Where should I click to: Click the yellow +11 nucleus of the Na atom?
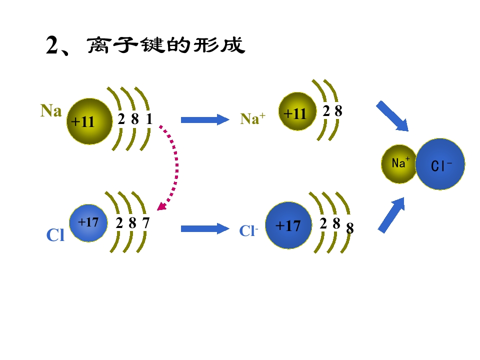pyautogui.click(x=89, y=121)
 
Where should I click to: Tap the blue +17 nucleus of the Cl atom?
pyautogui.click(x=88, y=223)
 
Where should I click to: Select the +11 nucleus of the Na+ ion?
pyautogui.click(x=297, y=111)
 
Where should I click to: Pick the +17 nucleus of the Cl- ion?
pyautogui.click(x=288, y=225)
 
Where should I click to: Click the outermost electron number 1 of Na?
pyautogui.click(x=149, y=119)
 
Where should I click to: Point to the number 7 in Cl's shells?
pyautogui.click(x=145, y=222)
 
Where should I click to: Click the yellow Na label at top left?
pyautogui.click(x=51, y=110)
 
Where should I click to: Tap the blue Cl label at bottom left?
pyautogui.click(x=55, y=235)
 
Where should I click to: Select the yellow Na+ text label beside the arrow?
pyautogui.click(x=252, y=118)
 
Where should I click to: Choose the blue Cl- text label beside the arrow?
pyautogui.click(x=248, y=231)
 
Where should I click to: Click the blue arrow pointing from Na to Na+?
pyautogui.click(x=205, y=119)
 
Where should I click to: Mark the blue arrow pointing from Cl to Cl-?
pyautogui.click(x=205, y=228)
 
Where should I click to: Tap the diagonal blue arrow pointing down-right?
pyautogui.click(x=392, y=116)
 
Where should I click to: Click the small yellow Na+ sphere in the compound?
pyautogui.click(x=399, y=164)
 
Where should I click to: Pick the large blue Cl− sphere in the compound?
pyautogui.click(x=440, y=164)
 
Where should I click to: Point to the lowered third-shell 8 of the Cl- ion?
pyautogui.click(x=350, y=228)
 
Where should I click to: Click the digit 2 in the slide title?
pyautogui.click(x=52, y=45)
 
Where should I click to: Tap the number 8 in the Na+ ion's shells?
pyautogui.click(x=338, y=111)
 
